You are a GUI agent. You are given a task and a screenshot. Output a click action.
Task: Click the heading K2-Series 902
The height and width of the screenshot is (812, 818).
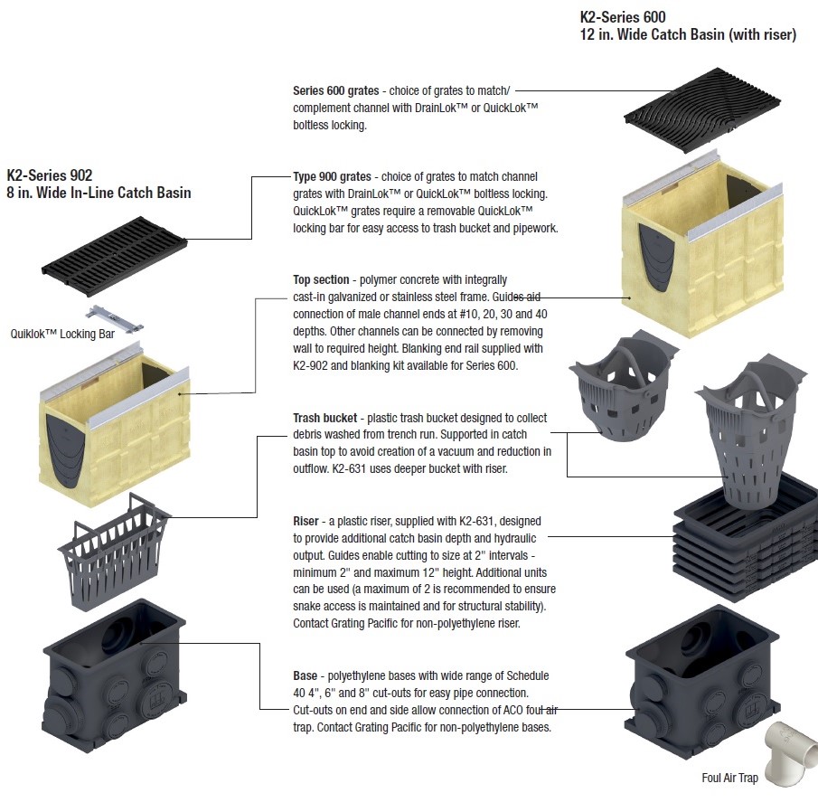50,175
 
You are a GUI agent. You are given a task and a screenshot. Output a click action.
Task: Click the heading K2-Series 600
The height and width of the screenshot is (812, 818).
624,17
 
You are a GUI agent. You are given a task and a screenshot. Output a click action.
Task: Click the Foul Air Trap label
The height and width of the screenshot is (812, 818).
729,778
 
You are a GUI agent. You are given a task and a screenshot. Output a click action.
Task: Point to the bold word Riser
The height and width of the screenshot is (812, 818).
306,522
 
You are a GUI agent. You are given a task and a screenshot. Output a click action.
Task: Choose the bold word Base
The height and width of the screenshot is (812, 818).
305,675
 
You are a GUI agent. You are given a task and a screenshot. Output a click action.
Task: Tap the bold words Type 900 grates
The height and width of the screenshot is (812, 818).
332,177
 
